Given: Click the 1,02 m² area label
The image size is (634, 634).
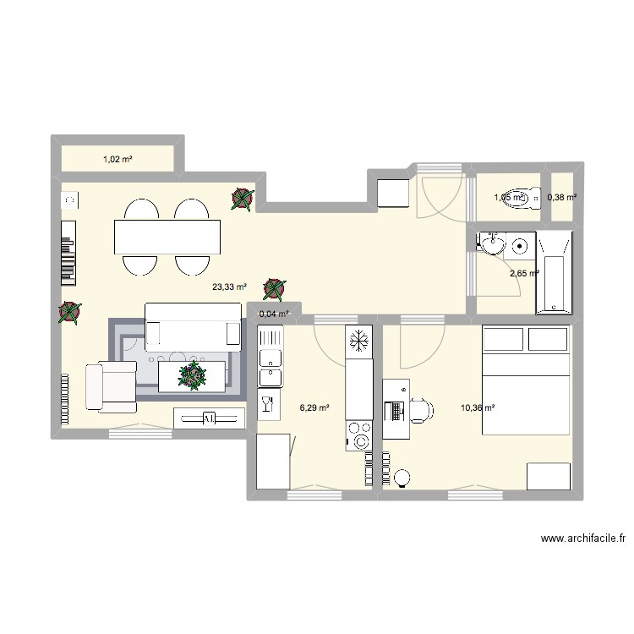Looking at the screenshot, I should tap(118, 159).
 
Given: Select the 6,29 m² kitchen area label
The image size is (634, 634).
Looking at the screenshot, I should tap(314, 407).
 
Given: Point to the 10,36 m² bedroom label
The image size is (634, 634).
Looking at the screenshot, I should tap(478, 407).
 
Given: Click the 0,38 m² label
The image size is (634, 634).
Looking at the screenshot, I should tap(562, 197).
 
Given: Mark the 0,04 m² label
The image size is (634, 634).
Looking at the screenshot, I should tap(273, 314).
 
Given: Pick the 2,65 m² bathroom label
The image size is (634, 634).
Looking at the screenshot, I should tap(524, 272).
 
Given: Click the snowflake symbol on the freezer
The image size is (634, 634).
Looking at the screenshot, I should tap(358, 341).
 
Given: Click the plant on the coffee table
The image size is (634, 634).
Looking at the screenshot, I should tap(193, 374).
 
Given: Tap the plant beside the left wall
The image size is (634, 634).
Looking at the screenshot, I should tap(70, 313).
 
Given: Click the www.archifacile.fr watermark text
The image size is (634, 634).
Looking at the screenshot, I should tap(582, 538).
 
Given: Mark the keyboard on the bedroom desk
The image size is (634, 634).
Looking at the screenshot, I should tap(392, 412).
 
